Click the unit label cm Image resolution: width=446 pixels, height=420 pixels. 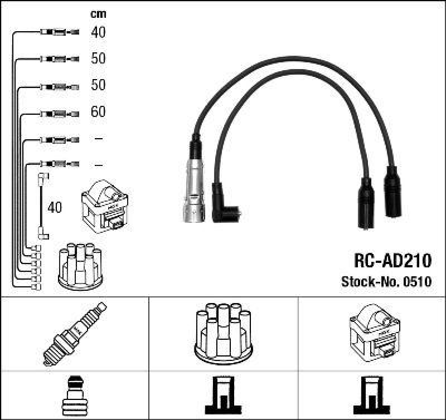click(x=98, y=14)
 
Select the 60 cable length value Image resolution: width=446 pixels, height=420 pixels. click(x=98, y=112)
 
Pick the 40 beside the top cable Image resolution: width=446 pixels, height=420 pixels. click(x=98, y=32)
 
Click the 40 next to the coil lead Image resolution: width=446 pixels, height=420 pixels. click(x=55, y=208)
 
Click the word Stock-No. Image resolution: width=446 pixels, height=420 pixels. click(x=366, y=282)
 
